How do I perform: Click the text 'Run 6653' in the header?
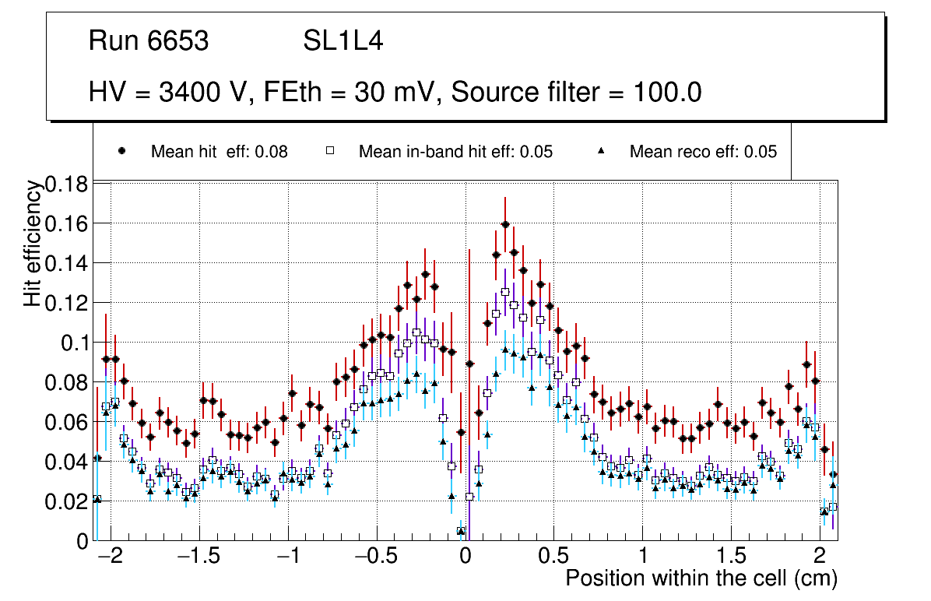click(149, 41)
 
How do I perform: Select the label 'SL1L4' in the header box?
click(343, 41)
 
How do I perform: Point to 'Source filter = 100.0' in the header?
click(577, 93)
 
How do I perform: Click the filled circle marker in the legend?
click(121, 151)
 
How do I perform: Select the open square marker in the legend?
click(329, 151)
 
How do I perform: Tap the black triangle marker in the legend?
click(600, 151)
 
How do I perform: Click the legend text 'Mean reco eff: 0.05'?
click(703, 152)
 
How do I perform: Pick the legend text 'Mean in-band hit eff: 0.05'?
click(455, 152)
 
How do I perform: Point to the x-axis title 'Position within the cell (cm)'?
click(701, 578)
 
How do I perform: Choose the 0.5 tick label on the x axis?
click(553, 558)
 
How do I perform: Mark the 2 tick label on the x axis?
click(820, 558)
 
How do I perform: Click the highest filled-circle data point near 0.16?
click(505, 224)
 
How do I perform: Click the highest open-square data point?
click(505, 292)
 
